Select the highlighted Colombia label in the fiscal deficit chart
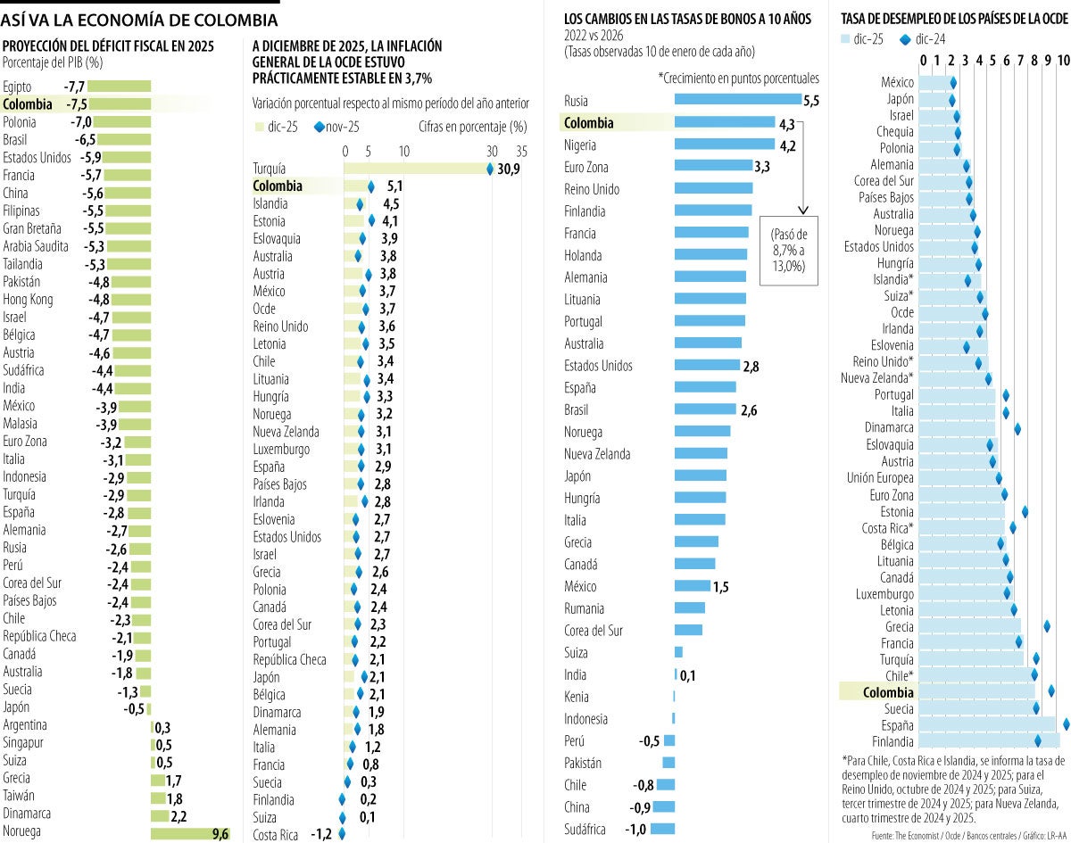click(28, 104)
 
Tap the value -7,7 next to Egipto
click(74, 87)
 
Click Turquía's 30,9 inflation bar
click(417, 168)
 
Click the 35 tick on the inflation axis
click(521, 151)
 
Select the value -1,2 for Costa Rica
click(320, 834)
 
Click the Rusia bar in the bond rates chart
click(737, 101)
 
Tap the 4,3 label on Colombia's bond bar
click(786, 123)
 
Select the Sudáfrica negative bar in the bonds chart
click(662, 829)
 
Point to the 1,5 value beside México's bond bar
click(720, 586)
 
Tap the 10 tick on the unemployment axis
click(1063, 60)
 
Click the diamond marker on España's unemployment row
click(1066, 724)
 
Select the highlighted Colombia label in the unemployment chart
click(888, 692)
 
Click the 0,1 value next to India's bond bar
click(687, 675)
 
